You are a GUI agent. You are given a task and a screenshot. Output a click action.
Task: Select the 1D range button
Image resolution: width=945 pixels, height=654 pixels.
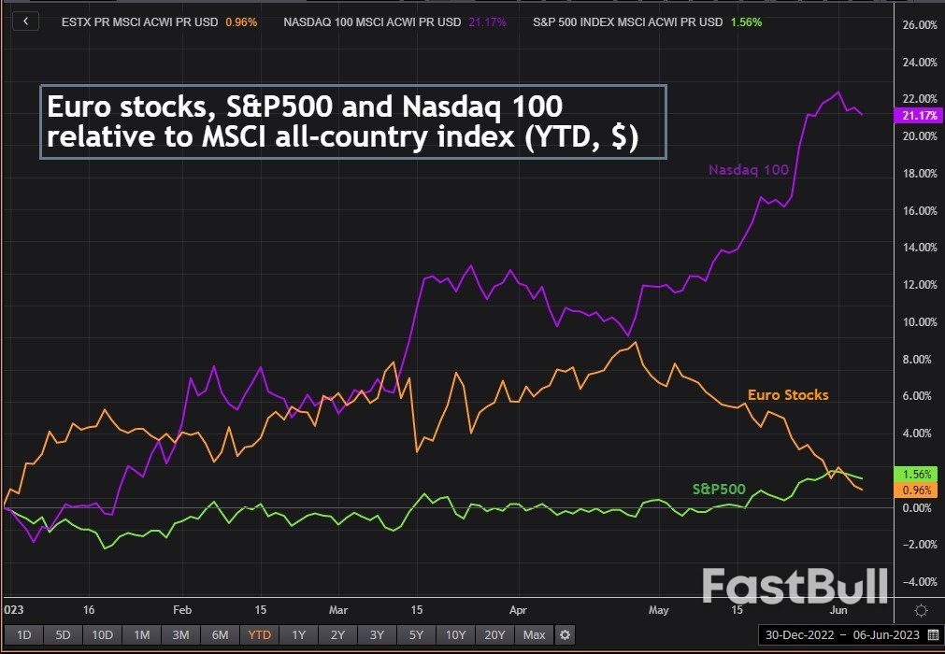[24, 635]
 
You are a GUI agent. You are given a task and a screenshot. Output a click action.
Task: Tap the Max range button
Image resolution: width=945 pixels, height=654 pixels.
[534, 635]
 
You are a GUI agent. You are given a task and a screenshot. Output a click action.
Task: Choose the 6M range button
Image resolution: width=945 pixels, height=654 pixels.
[220, 635]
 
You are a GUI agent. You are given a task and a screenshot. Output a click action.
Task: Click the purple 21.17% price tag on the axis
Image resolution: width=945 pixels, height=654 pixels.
[915, 115]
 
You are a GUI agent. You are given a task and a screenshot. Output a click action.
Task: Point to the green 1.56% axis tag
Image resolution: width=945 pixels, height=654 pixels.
[915, 474]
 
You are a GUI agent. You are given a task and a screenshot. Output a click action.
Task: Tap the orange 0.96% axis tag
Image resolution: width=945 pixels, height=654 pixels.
[915, 490]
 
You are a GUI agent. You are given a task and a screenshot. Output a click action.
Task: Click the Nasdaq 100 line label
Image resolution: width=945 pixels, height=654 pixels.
[749, 170]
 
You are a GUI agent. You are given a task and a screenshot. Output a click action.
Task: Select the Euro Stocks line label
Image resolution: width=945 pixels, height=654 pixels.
[788, 395]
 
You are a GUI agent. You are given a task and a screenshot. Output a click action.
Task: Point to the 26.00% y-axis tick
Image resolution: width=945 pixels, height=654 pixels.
[916, 25]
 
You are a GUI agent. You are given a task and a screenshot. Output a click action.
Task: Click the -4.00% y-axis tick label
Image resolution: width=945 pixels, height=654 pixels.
[916, 581]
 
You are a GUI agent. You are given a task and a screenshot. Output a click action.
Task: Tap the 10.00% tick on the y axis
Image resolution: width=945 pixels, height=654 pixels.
[916, 321]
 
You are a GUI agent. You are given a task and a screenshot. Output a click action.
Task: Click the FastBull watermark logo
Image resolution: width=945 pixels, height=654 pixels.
[795, 587]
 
